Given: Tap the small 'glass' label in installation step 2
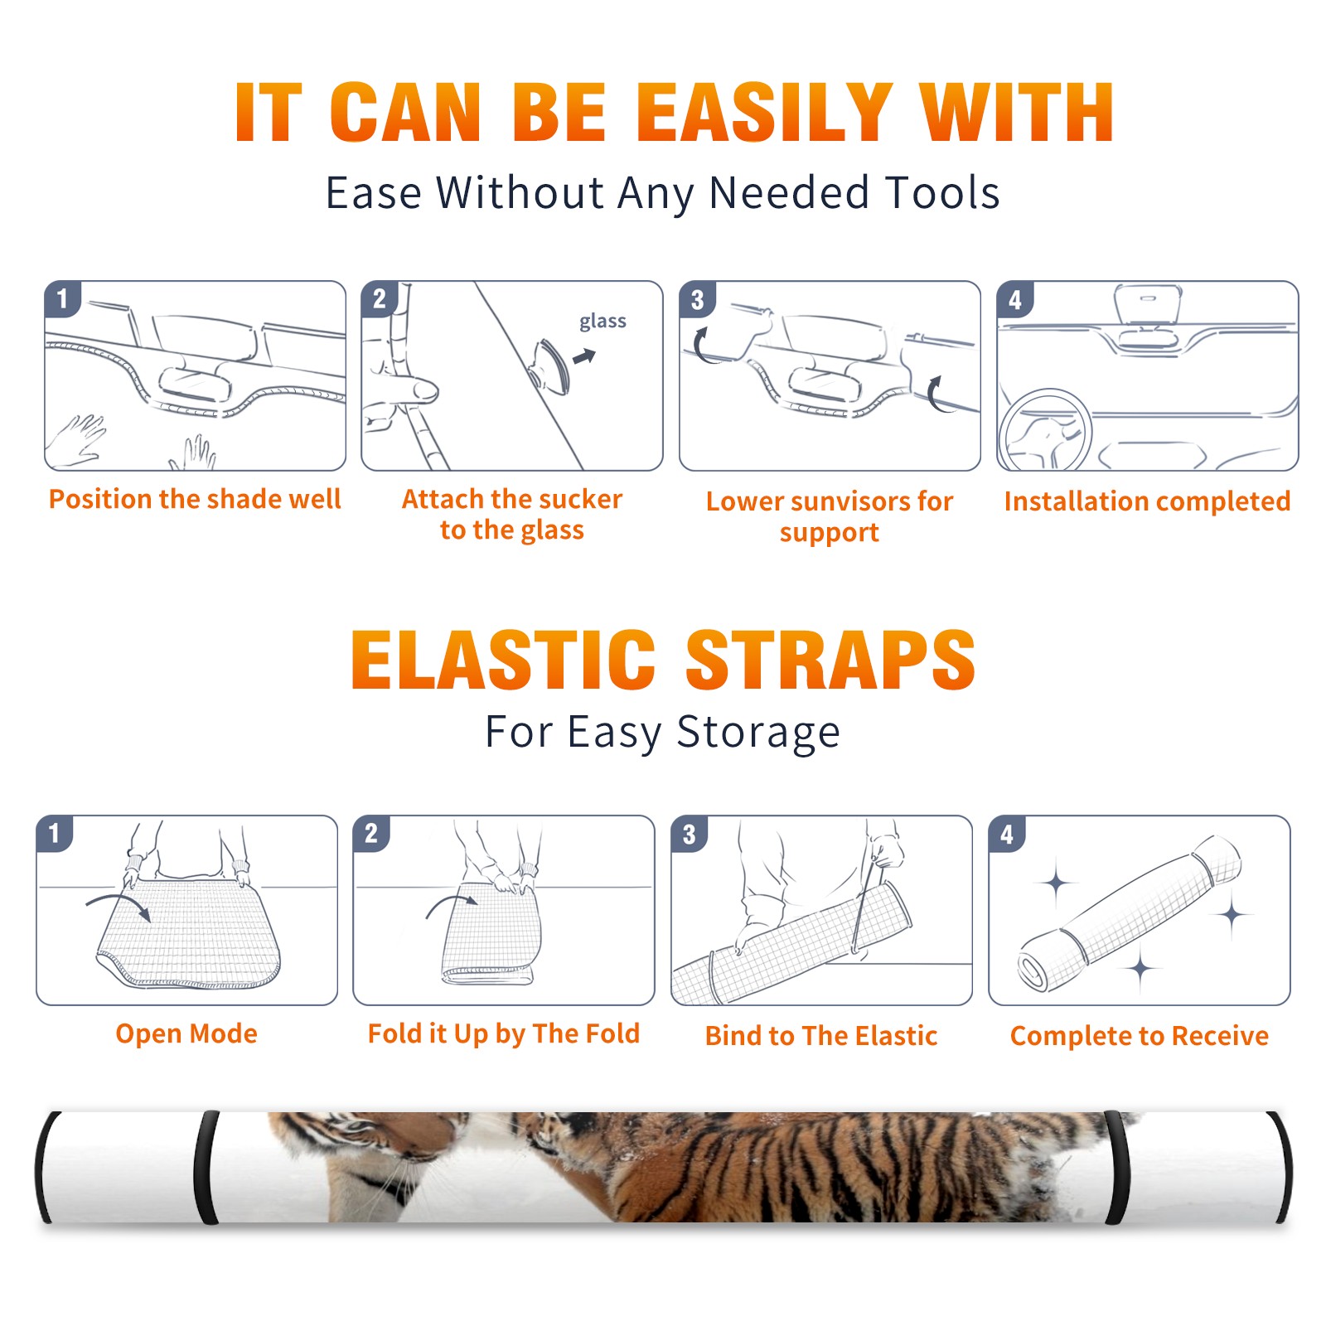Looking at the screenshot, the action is (603, 322).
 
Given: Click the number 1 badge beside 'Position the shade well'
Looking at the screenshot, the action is (63, 298).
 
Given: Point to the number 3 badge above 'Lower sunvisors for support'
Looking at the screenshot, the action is (697, 299).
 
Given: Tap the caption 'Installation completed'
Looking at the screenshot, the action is (1147, 501).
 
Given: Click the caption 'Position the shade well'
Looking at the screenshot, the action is (195, 499).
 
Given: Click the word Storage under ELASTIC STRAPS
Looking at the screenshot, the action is (758, 733).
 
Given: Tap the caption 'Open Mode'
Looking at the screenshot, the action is (186, 1033).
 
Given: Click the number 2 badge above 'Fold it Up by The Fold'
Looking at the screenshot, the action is (371, 833).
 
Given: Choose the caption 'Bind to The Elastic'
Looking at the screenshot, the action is (821, 1036).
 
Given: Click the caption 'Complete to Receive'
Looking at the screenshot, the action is (1140, 1036).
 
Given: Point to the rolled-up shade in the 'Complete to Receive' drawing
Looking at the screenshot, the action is (1130, 913).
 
